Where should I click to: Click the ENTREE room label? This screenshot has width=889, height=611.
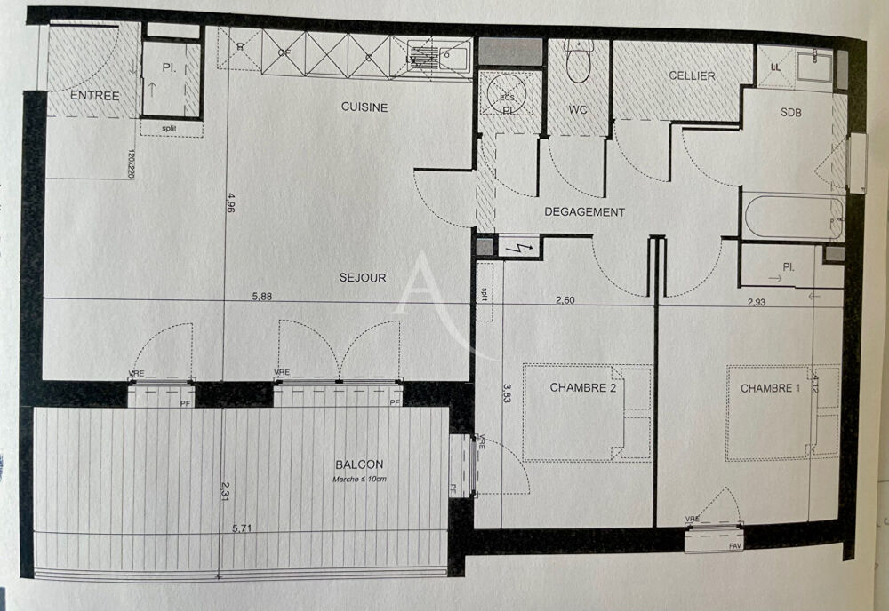tap(94, 96)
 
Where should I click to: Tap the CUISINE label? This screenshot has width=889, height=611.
tap(364, 107)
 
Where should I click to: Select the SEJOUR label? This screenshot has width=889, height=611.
tap(362, 278)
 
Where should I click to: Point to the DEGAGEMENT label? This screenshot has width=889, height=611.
tap(584, 212)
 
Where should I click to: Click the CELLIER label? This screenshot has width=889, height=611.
tap(692, 76)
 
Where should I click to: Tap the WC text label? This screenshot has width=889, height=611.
tap(579, 109)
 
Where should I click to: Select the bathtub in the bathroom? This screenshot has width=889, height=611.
tap(793, 217)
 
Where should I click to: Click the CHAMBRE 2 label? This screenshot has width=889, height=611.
tap(582, 387)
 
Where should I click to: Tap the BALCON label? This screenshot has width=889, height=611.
tap(359, 464)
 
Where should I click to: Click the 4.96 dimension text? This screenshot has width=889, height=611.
tap(231, 203)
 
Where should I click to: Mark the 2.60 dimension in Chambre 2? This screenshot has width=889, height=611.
tap(565, 300)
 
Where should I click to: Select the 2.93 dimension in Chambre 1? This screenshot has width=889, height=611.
tap(757, 302)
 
